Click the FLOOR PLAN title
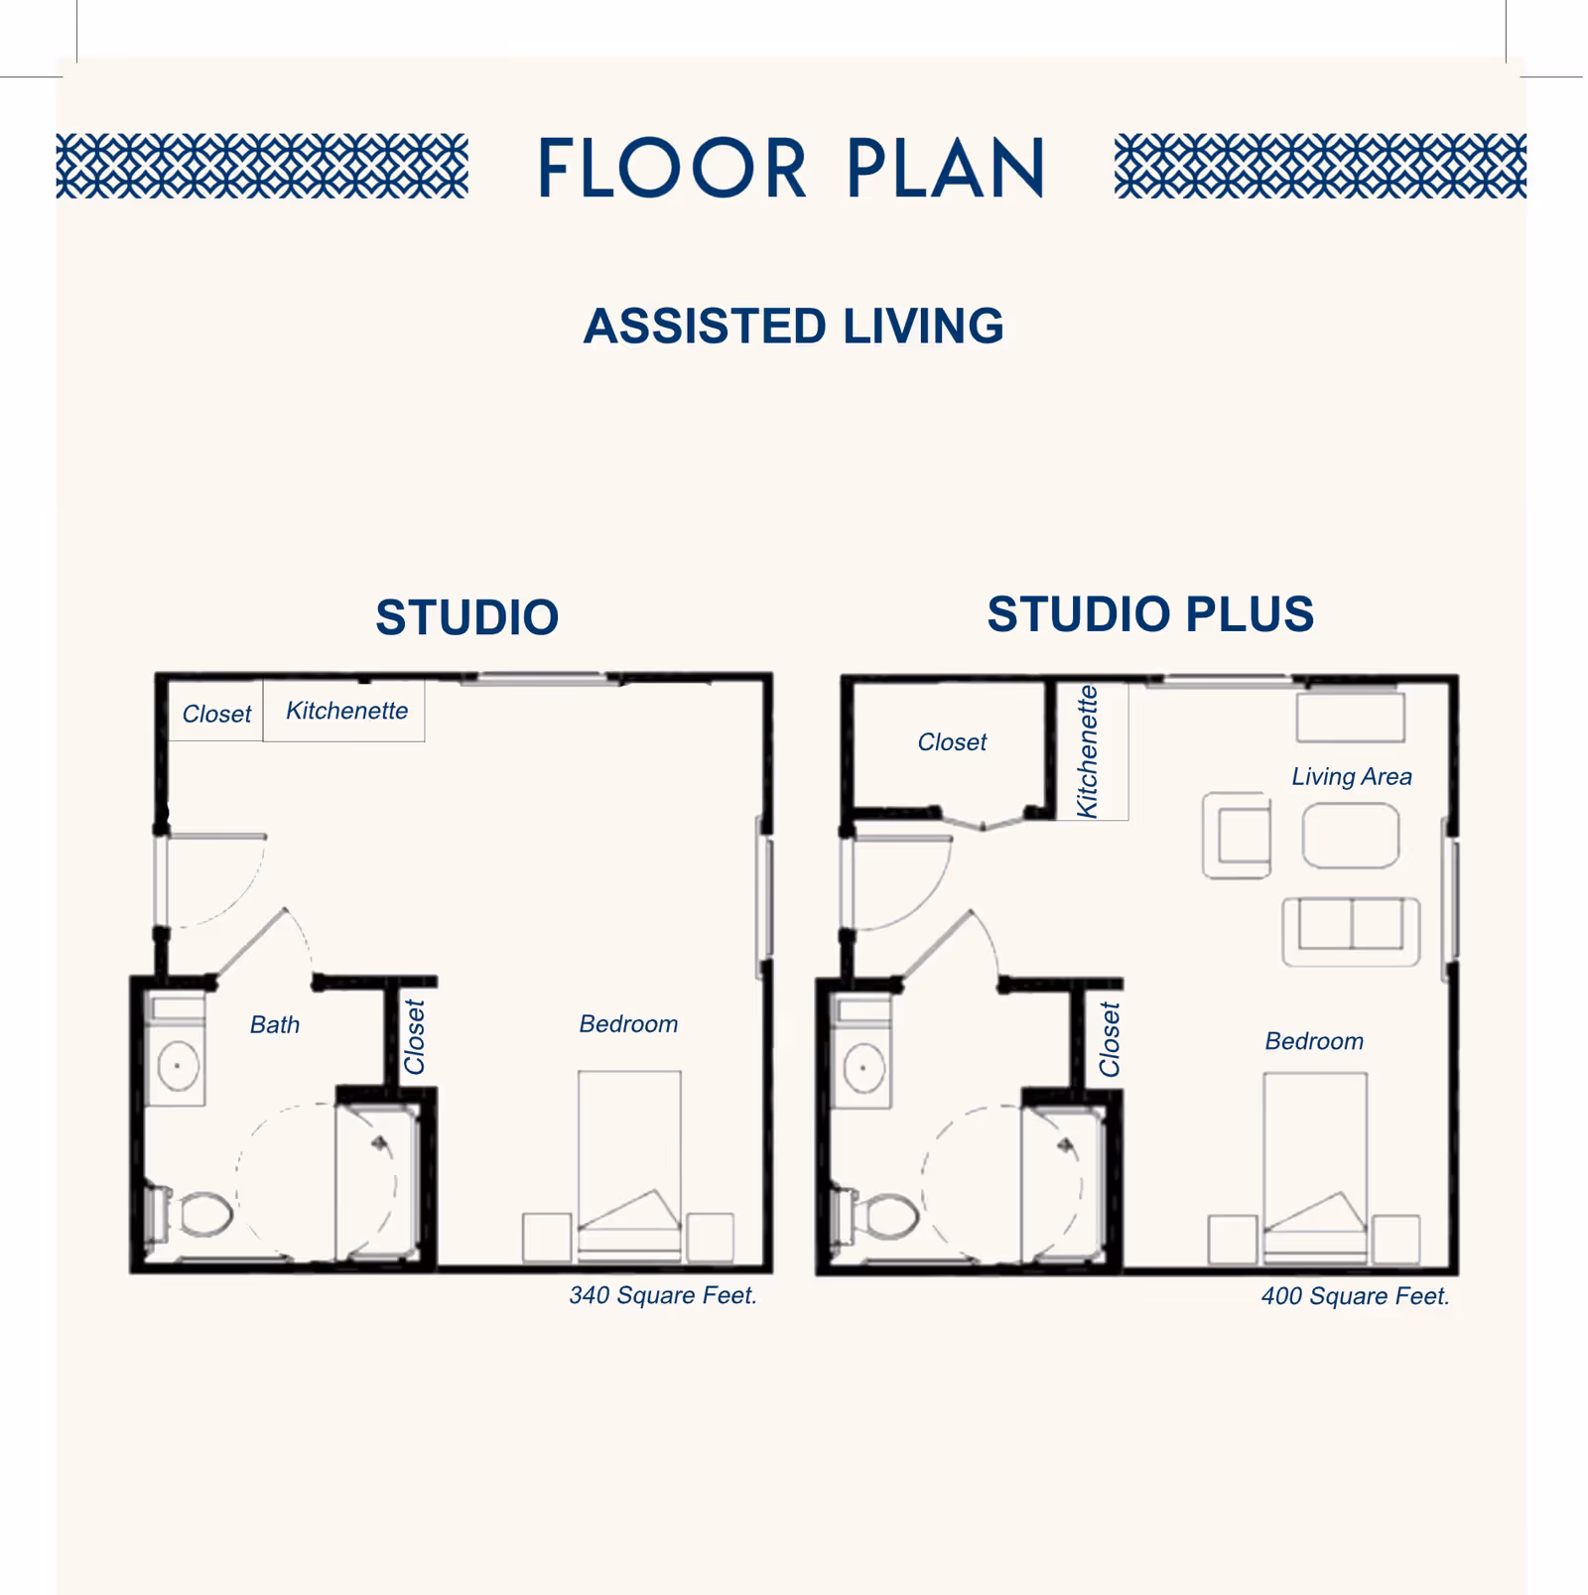coord(791,169)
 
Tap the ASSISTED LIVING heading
coord(793,327)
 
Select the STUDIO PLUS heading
coord(1150,613)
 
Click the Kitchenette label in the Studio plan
coord(346,711)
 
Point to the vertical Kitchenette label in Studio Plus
coord(1088,751)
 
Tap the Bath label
coord(275,1024)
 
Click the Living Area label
coord(1352,777)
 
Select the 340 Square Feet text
coord(663,1295)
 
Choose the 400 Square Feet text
coord(1356,1296)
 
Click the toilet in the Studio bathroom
coord(191,1213)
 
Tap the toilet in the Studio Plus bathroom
coord(876,1214)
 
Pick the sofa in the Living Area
coord(1351,931)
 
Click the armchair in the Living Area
coord(1237,835)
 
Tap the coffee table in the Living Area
coord(1351,836)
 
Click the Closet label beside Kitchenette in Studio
coord(216,715)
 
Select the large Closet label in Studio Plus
coord(952,742)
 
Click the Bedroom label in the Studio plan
coord(628,1024)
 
